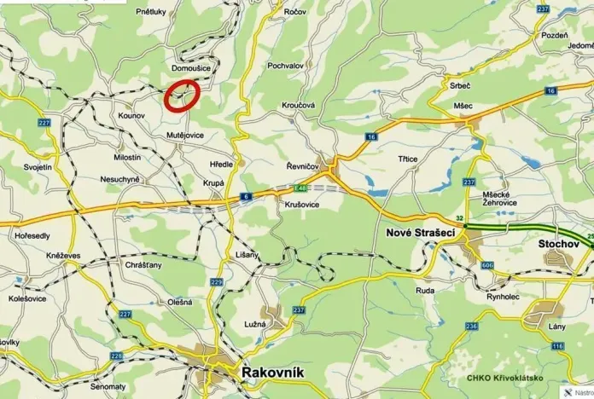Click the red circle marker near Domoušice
(x=182, y=94)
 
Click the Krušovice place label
(x=299, y=205)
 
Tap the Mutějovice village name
(x=185, y=135)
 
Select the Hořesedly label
(x=31, y=235)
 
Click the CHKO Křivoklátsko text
(x=500, y=378)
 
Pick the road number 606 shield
(x=487, y=266)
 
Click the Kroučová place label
(x=299, y=105)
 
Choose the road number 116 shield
(x=557, y=345)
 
